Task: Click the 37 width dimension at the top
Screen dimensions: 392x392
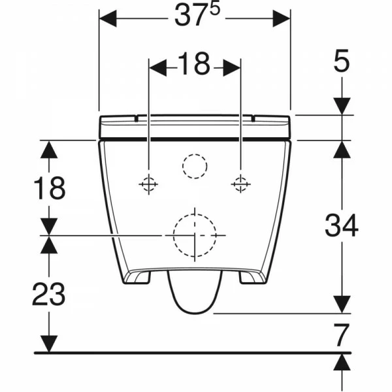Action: (197, 16)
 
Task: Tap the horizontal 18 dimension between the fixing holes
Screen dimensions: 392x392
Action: (194, 64)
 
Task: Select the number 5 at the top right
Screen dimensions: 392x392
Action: (342, 61)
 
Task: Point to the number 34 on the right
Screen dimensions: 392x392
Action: (342, 225)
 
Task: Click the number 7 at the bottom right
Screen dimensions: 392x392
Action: (342, 335)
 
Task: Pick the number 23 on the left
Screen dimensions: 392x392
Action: (49, 294)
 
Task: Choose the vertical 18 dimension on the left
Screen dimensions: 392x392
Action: (49, 188)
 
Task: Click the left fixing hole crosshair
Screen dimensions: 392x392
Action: (148, 184)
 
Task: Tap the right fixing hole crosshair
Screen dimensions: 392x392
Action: (240, 184)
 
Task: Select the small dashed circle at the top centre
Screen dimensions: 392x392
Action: (195, 154)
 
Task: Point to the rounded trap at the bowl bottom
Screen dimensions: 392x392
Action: (195, 312)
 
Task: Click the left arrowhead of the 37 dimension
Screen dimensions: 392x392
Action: (108, 18)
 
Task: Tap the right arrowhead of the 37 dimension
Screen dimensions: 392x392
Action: (282, 18)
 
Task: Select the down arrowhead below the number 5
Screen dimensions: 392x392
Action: (342, 106)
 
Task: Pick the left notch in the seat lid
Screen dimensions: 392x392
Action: (137, 118)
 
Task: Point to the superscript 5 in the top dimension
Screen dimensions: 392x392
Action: (215, 9)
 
